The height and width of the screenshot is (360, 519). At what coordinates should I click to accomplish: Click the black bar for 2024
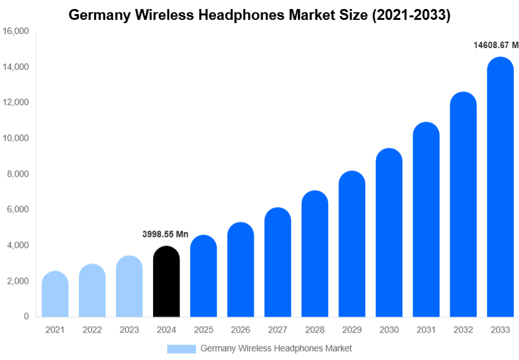point(167,282)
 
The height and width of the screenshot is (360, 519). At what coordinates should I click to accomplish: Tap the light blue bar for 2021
point(55,294)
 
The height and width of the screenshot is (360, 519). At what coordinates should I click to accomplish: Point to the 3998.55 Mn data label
point(165,234)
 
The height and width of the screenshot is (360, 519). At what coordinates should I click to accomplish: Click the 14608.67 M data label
point(495,45)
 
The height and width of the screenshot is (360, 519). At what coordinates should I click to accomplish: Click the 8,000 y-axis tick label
point(18,174)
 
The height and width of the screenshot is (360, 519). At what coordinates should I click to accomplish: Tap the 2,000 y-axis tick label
point(18,281)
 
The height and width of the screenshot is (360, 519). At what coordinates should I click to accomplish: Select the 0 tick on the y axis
point(26,316)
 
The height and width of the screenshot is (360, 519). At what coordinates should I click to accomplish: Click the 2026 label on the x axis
point(240,330)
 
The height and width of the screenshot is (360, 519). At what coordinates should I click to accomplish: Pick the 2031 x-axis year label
point(426,330)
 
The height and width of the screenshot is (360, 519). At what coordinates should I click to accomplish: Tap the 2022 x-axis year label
point(92,330)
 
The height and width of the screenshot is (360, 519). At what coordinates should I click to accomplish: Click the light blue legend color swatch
point(181,348)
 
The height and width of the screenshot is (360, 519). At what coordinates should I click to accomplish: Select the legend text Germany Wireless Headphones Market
point(276,348)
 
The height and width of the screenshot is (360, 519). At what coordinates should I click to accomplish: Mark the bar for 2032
point(463,204)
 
